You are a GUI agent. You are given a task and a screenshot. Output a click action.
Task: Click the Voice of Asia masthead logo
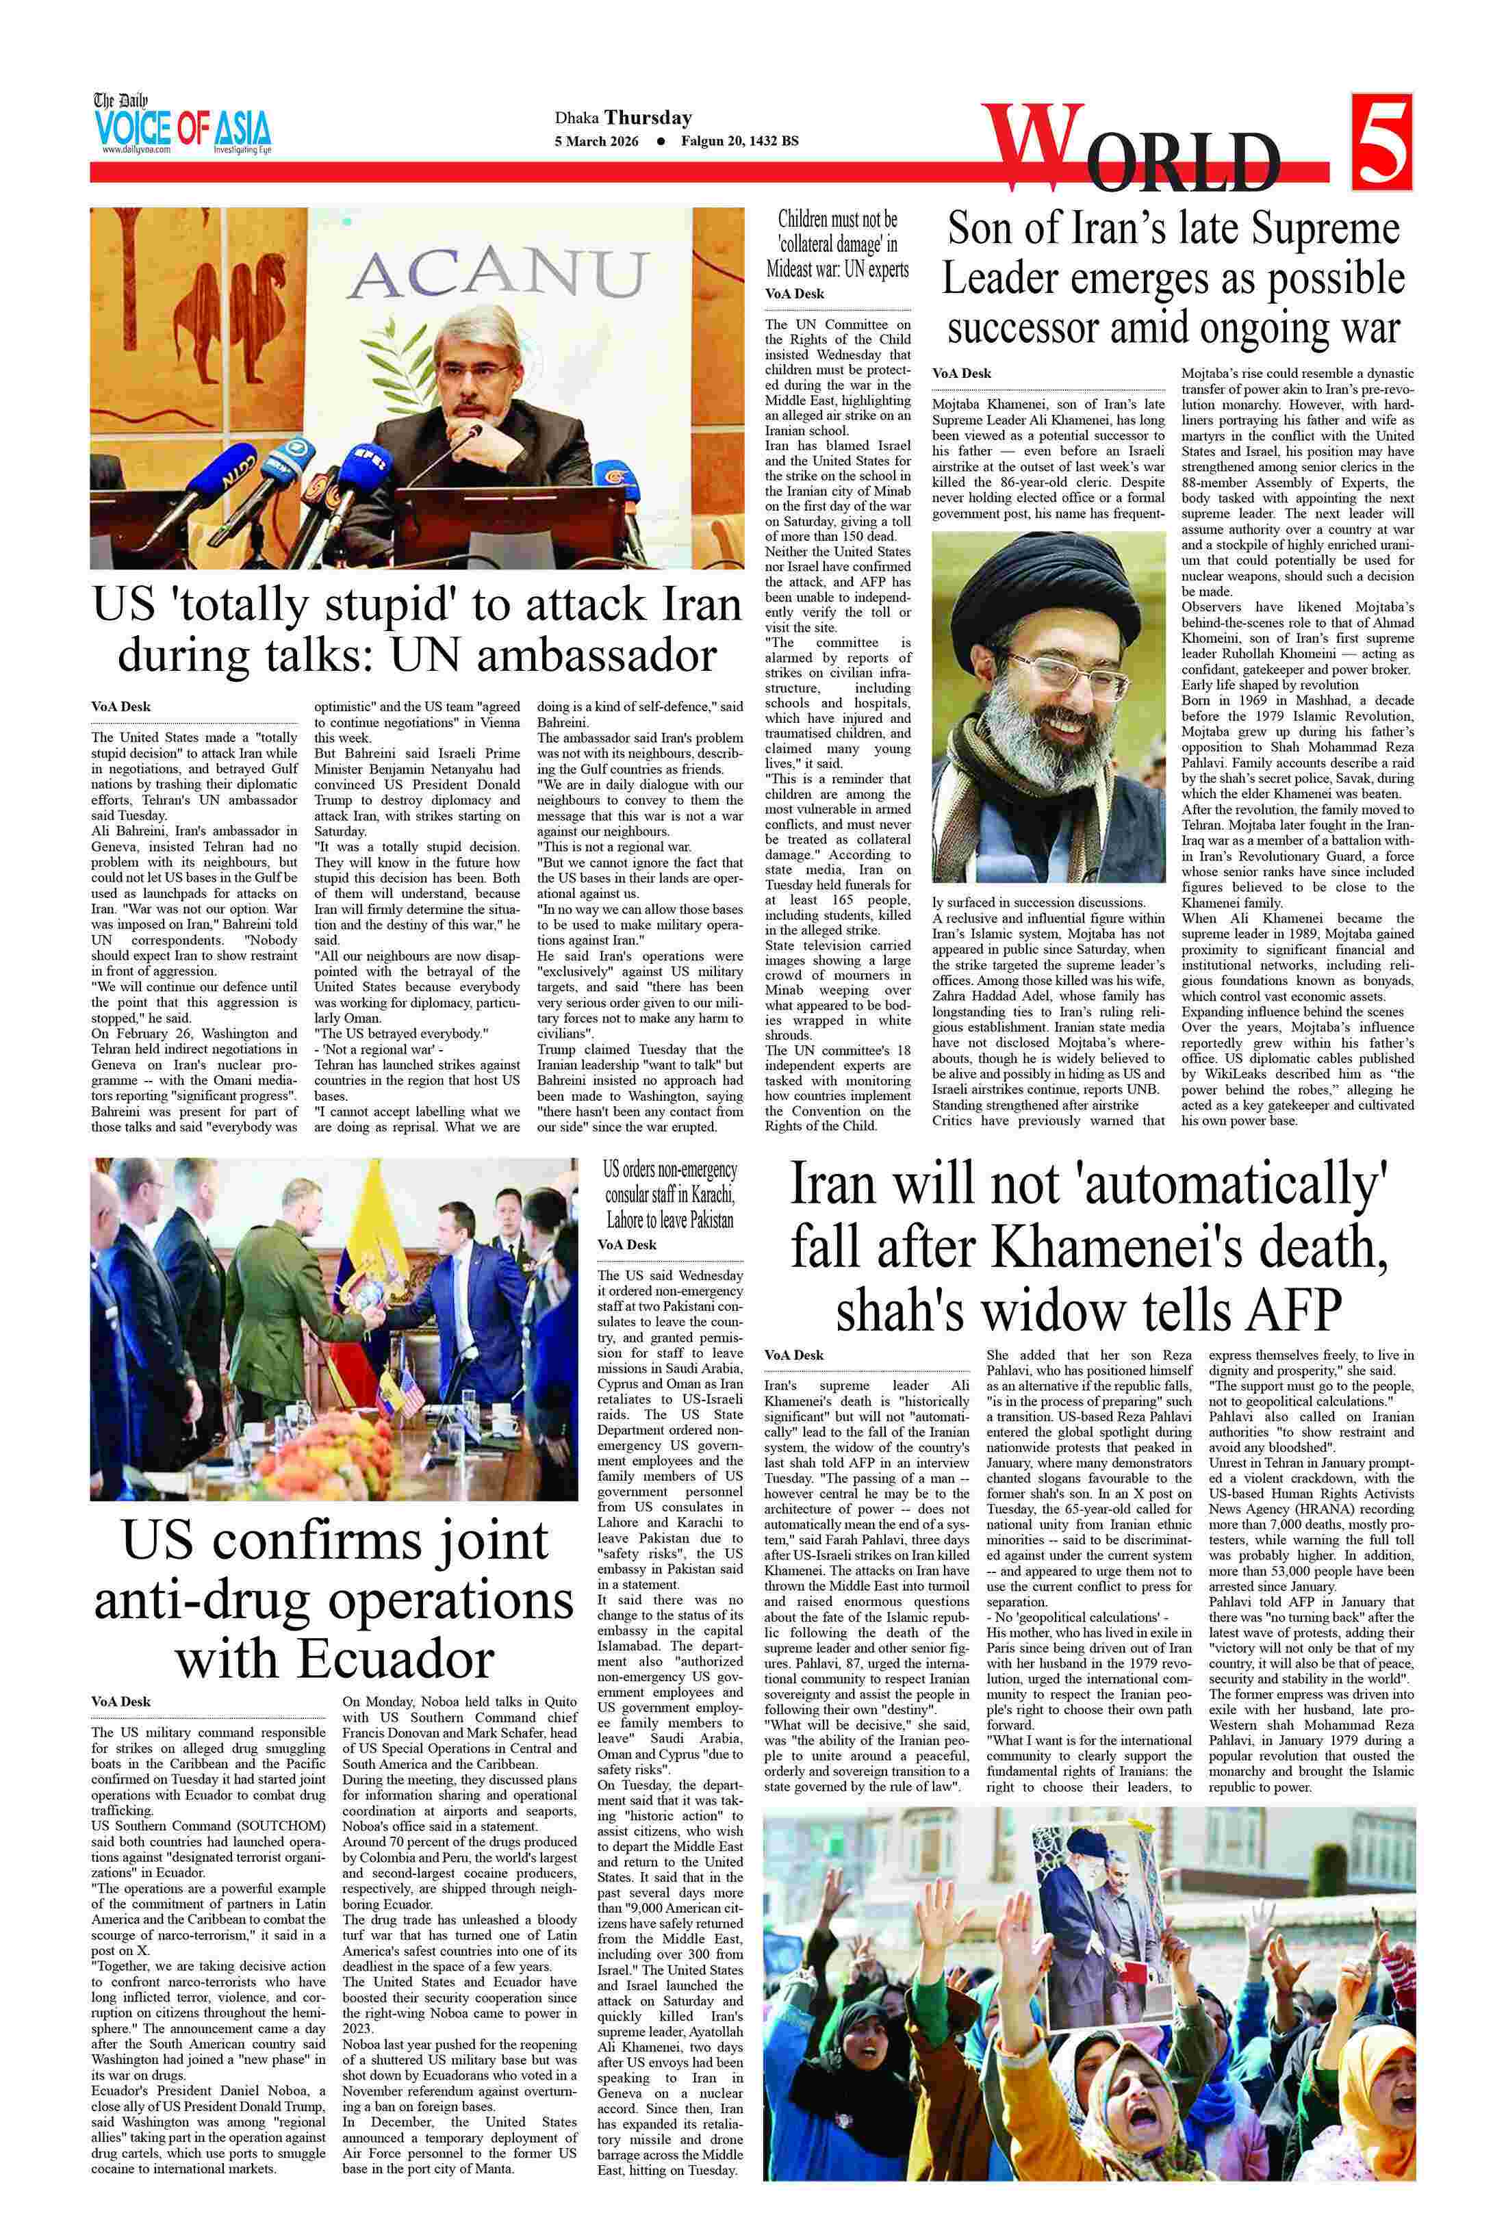[181, 125]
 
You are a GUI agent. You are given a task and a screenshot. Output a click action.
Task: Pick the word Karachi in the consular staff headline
[704, 1195]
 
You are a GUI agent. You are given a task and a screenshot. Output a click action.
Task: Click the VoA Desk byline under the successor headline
[962, 373]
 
